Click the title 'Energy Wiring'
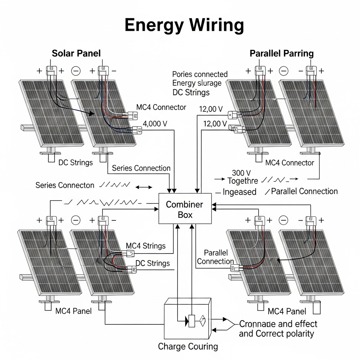click(x=184, y=25)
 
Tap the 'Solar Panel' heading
click(x=76, y=53)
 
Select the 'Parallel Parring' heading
click(x=282, y=53)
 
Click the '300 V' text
click(x=241, y=173)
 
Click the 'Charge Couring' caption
click(x=188, y=346)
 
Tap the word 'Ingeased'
click(x=239, y=192)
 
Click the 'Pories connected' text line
click(x=200, y=75)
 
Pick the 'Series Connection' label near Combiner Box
click(x=141, y=168)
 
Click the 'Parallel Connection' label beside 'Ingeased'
click(x=304, y=191)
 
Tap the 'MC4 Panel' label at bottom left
click(x=73, y=311)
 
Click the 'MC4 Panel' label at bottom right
click(x=287, y=311)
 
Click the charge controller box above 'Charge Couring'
click(x=187, y=318)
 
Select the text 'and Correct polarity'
click(x=276, y=333)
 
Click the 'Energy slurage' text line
click(x=197, y=83)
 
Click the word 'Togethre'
click(x=243, y=181)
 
